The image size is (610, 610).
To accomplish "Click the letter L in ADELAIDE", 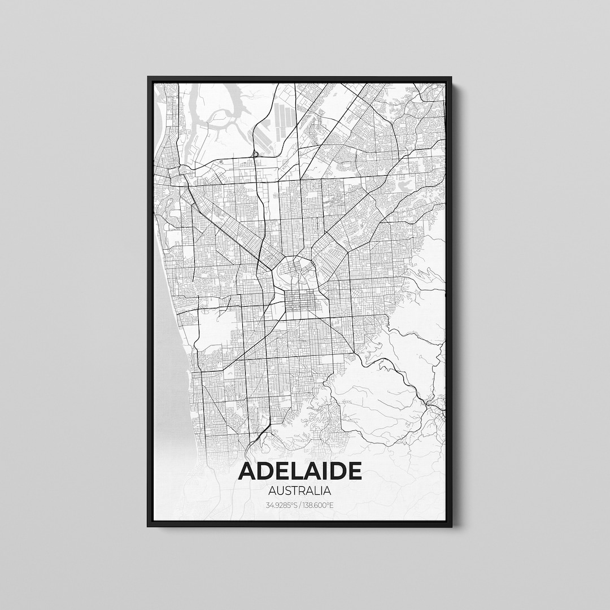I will click(293, 471).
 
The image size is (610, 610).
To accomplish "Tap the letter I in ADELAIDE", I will click(325, 471).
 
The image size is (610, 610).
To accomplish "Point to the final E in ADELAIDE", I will click(354, 471).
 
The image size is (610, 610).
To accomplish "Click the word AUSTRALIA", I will click(300, 491).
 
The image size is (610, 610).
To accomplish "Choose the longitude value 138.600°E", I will click(317, 504).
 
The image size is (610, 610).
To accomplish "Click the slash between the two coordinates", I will click(300, 504).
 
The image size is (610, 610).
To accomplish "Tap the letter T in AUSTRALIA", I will click(294, 491).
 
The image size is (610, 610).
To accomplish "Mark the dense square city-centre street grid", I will click(299, 303).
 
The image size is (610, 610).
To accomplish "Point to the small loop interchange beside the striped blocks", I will click(256, 154).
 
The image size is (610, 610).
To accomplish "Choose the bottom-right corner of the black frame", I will click(451, 526).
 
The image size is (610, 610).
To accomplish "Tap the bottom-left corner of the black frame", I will click(149, 526).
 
